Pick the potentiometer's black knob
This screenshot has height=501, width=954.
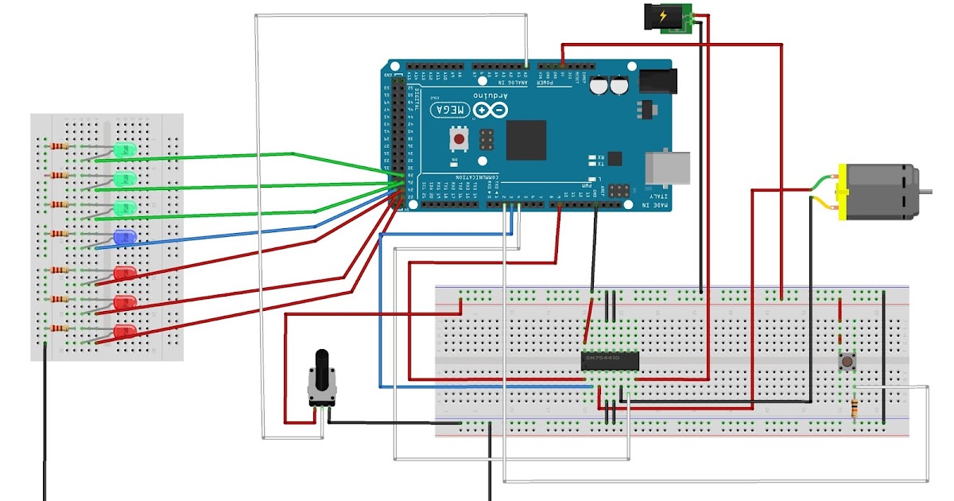coord(321,369)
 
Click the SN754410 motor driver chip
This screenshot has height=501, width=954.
coord(610,360)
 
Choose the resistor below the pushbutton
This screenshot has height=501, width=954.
coord(855,408)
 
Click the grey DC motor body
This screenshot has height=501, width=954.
coord(878,191)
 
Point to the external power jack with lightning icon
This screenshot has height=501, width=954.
coord(663,16)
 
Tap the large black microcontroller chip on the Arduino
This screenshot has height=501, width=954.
coord(526,140)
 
